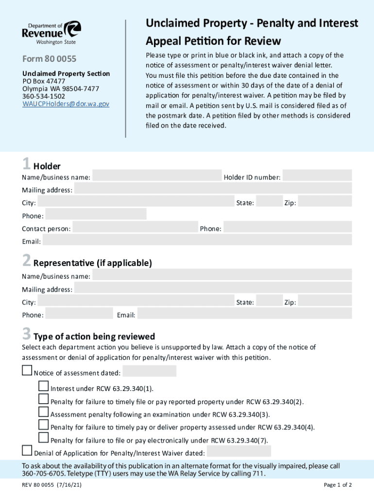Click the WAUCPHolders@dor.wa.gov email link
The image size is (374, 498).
pos(66,104)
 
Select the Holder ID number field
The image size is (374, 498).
pos(317,176)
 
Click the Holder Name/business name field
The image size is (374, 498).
pos(157,176)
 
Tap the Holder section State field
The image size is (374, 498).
pos(268,202)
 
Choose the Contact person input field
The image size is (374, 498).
pos(135,228)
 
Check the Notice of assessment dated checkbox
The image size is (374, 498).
pos(27,372)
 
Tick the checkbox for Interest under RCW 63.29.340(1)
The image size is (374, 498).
pos(44,387)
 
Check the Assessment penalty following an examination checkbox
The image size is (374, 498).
pos(44,412)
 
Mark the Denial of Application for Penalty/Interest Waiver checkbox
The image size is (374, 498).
pos(27,451)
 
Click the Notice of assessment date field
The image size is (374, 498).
pos(150,372)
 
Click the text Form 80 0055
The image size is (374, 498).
pos(49,59)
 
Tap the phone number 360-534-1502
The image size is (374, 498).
pos(44,96)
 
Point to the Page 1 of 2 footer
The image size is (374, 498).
pos(338,485)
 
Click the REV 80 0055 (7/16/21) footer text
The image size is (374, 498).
pos(51,485)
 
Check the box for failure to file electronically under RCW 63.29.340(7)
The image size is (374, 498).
pos(44,438)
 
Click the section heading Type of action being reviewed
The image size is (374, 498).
pos(94,337)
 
